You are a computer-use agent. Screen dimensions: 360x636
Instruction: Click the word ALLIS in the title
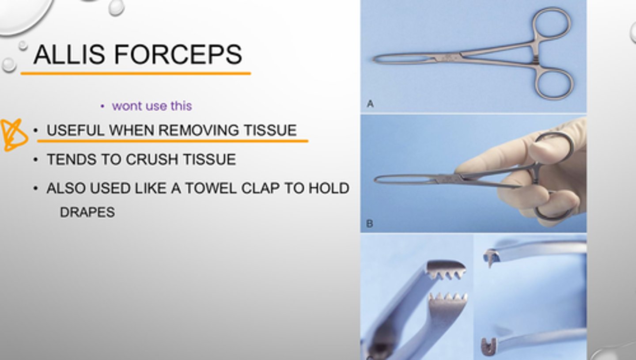[68, 54]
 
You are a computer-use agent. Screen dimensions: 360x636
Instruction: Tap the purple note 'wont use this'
[152, 106]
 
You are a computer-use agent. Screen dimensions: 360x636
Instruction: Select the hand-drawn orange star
[13, 135]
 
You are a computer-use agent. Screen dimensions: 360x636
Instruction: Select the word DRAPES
[87, 212]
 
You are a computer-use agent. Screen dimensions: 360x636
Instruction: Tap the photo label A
[370, 104]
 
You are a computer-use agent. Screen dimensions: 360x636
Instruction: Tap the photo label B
[370, 224]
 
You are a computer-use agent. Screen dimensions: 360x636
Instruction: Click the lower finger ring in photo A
[554, 84]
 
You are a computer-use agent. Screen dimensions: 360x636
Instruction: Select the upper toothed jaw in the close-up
[446, 269]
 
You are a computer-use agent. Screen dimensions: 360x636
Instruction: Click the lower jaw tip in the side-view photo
[488, 347]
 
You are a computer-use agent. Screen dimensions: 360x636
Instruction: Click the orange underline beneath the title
[136, 73]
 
